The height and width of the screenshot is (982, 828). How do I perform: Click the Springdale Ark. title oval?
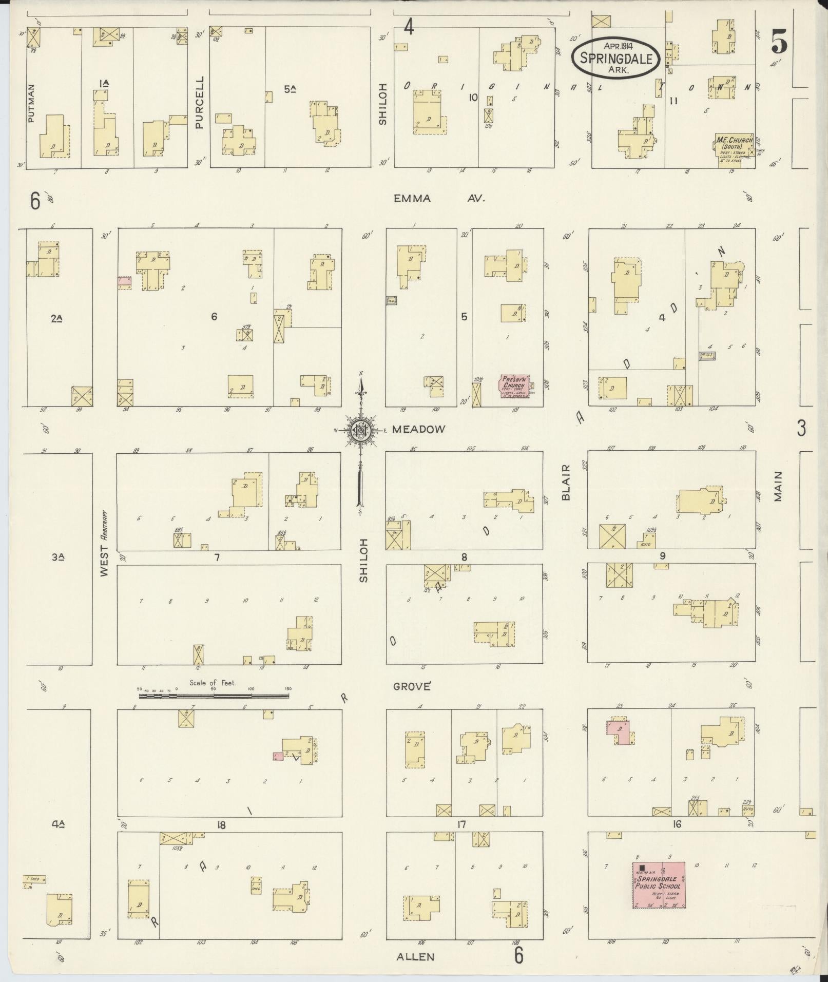[x=619, y=57]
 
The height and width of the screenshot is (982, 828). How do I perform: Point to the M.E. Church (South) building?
[x=734, y=147]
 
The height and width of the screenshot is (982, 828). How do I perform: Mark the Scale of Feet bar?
[x=214, y=696]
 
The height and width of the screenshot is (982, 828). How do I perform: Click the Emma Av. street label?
[x=439, y=199]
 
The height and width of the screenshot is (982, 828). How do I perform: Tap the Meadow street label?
[x=418, y=429]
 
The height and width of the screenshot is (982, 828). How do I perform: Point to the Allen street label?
[x=415, y=956]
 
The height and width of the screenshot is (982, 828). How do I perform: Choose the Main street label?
[x=778, y=486]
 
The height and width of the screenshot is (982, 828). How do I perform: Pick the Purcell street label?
[x=199, y=102]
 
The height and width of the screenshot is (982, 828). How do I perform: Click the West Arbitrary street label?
[x=105, y=543]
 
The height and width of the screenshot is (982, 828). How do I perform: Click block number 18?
[x=221, y=825]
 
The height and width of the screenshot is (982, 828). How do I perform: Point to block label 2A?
[x=57, y=319]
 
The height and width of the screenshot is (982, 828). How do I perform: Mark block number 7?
[x=217, y=557]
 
